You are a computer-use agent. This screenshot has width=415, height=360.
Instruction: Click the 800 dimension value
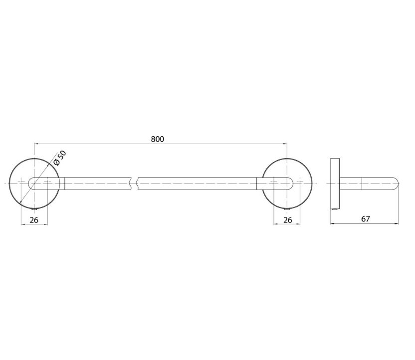158,139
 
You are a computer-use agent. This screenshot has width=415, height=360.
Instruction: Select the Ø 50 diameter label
59,158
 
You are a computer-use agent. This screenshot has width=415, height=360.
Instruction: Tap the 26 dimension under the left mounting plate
34,220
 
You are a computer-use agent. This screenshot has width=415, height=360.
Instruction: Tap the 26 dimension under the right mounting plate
287,220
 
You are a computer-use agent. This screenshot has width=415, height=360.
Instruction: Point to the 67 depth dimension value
365,219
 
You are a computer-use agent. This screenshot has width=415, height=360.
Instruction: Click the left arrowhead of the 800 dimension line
36,144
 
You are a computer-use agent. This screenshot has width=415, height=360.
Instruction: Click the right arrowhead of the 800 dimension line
285,144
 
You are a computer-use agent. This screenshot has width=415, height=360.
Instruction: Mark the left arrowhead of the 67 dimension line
333,224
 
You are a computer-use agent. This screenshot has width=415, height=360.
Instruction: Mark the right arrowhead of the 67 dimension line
396,224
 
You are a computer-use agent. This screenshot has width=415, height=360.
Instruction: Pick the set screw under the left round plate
34,209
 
